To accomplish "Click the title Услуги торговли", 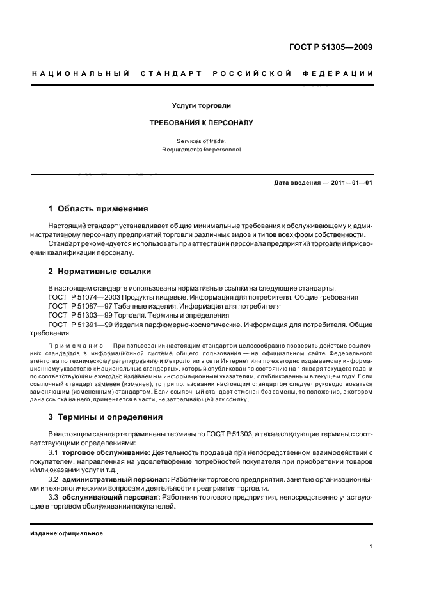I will click(202, 105).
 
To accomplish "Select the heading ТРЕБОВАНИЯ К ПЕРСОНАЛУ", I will click(202, 123).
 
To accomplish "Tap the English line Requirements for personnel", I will click(202, 150).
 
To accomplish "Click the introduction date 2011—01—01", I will click(351, 183).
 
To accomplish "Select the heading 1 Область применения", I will click(99, 209).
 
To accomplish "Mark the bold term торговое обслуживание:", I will click(106, 452).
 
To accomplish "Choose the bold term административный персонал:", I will click(115, 479).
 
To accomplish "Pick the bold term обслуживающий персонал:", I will click(111, 496).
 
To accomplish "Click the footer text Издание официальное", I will click(67, 533).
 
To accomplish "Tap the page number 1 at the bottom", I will click(371, 546).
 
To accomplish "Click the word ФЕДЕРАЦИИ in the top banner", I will click(342, 73).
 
